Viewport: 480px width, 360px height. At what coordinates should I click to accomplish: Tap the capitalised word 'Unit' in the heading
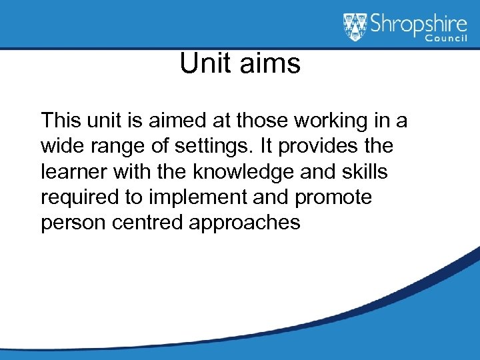click(203, 65)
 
